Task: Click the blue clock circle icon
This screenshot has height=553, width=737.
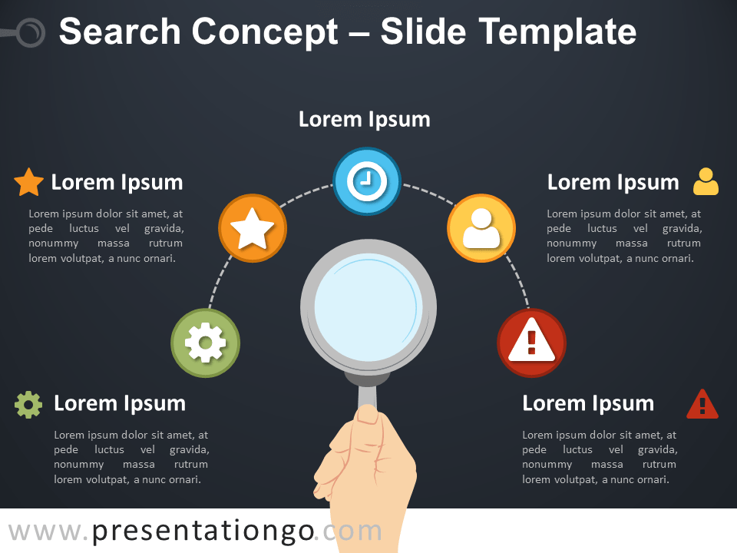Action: coord(367,181)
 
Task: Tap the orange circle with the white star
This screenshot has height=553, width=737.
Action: coord(253,228)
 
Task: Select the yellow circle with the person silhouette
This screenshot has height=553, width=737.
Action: coord(481,228)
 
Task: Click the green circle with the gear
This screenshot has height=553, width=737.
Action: coord(206,343)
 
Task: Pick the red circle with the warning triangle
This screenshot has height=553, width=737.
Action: coord(531,343)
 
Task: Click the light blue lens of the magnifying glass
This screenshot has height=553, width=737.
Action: coord(368,307)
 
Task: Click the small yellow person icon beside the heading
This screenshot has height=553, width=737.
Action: coord(706,181)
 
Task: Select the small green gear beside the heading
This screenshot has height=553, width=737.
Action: coord(28,405)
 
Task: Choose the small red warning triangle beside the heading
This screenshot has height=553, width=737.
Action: coord(702,404)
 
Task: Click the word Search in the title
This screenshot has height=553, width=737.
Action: coord(121,31)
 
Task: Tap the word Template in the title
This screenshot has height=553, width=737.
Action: coord(557,31)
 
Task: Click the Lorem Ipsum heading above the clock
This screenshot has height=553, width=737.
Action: coord(364,120)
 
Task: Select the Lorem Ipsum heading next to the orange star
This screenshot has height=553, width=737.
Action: coord(117,183)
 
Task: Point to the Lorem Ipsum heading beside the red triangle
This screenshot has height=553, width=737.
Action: coord(588,403)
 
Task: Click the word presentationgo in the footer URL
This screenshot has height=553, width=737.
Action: coord(203,531)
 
